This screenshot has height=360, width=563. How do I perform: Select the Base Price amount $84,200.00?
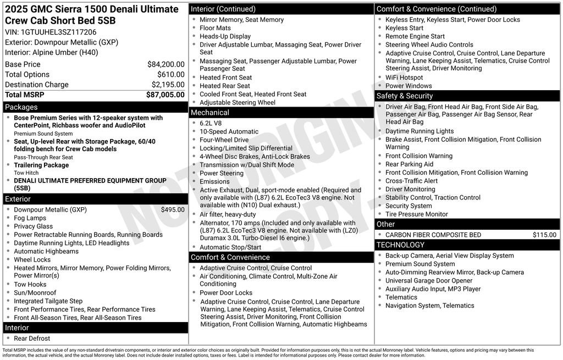coord(165,64)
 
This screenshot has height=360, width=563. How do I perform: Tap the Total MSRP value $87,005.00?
coord(165,95)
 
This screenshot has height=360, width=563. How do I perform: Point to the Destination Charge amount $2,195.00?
coord(168,85)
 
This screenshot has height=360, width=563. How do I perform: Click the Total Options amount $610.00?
coord(171,74)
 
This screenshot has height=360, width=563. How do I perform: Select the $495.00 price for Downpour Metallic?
coord(173,209)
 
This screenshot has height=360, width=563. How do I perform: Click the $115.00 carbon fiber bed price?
coord(544,235)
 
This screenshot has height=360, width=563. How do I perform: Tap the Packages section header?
coord(21,107)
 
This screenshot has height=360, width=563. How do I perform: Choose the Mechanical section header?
coord(210,113)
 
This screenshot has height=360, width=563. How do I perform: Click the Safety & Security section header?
coord(405,96)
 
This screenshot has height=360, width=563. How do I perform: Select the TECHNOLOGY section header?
coord(401,245)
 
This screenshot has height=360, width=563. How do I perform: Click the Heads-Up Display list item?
coord(225,36)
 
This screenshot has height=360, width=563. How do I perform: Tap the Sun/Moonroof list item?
coord(35,292)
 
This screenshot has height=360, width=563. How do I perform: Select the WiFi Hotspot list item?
coord(404,77)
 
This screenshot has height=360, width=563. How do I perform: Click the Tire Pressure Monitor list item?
coord(417,214)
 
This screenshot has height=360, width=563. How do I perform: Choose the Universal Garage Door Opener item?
coord(429,280)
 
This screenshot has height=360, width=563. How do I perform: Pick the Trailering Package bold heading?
coord(41,165)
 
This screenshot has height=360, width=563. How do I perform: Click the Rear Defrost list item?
coord(32,339)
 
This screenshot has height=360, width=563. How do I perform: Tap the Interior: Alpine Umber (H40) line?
coord(52,52)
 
